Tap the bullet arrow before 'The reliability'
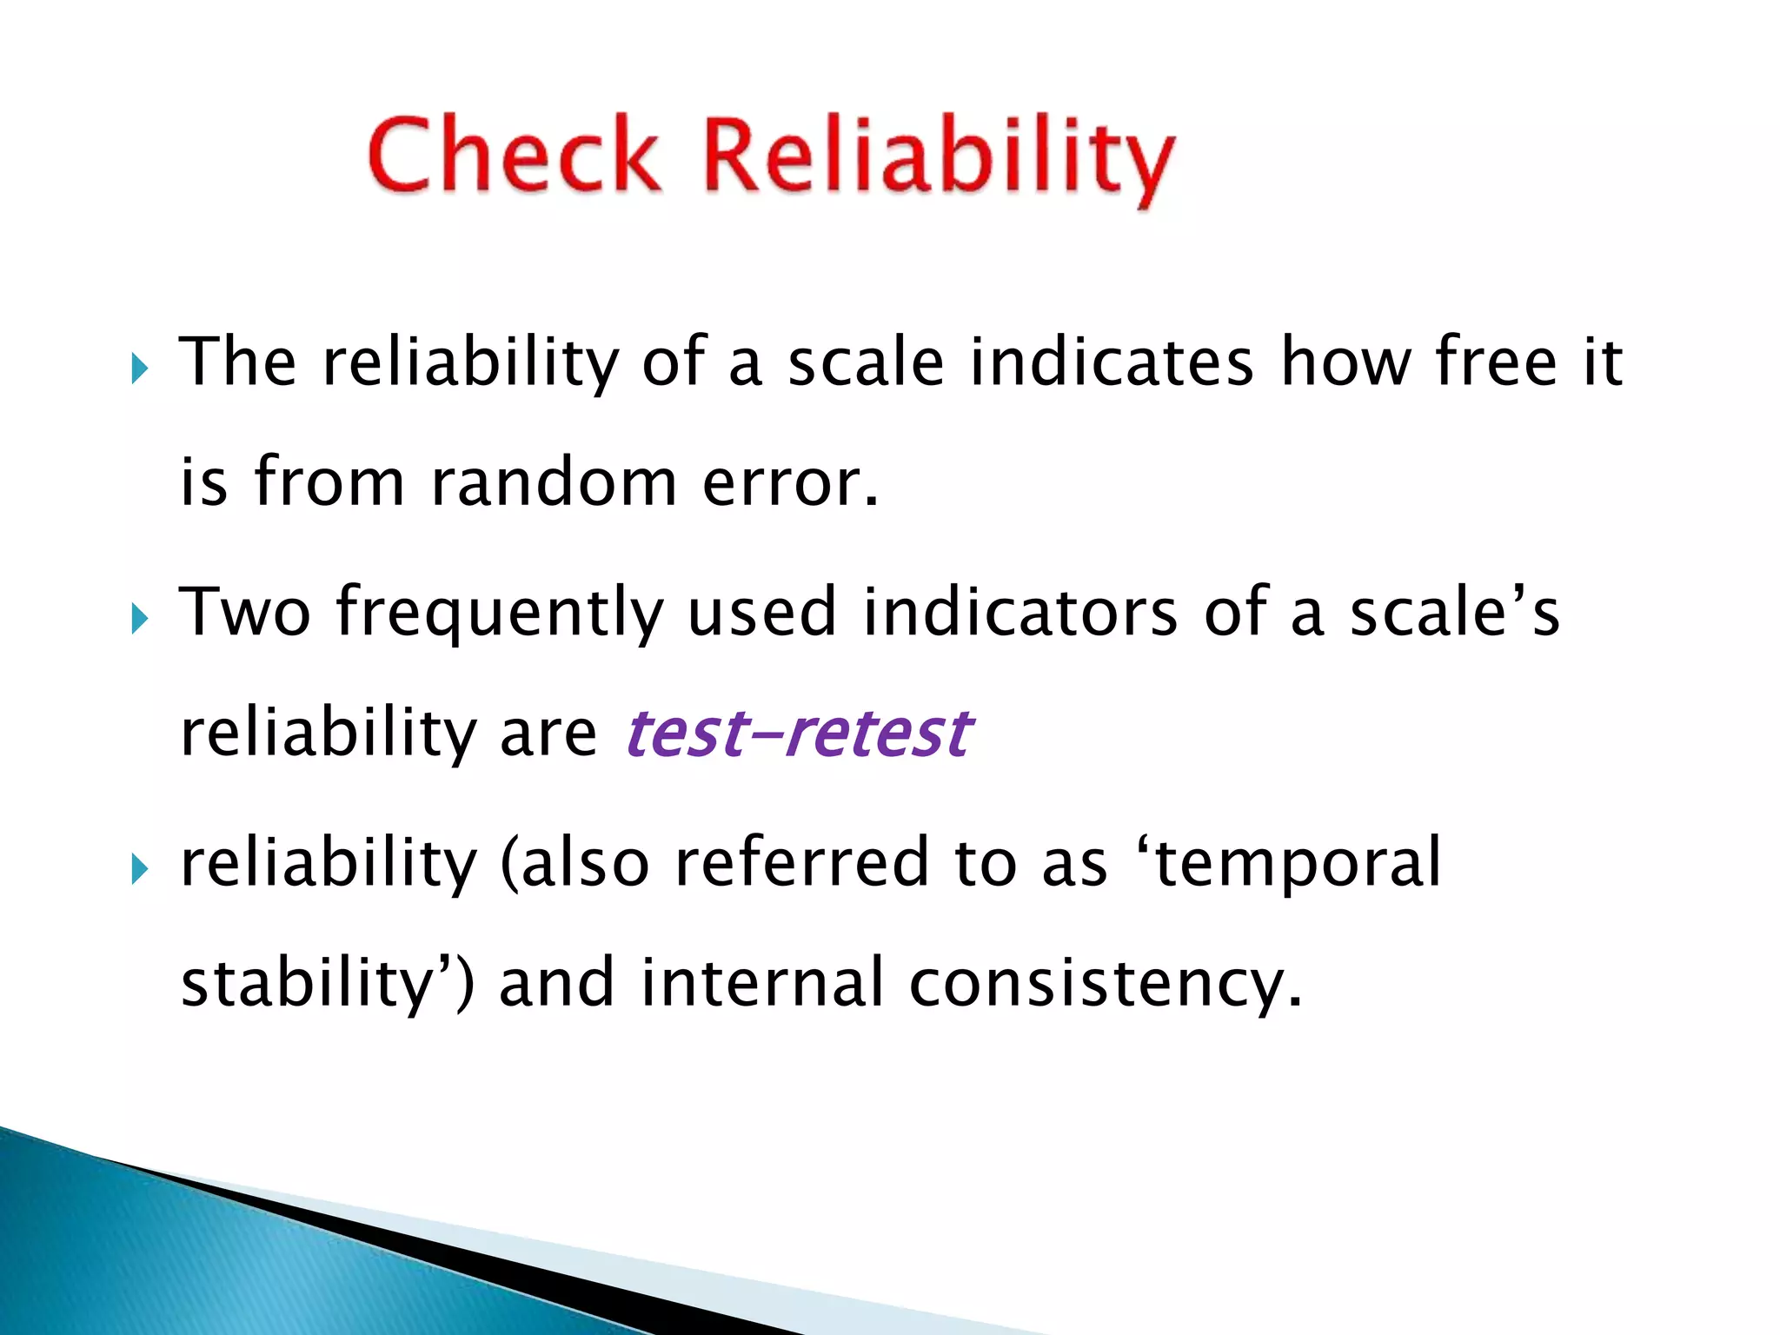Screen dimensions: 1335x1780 tap(140, 369)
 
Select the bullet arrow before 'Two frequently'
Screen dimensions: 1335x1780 tap(140, 619)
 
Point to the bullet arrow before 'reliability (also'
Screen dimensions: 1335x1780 tap(140, 868)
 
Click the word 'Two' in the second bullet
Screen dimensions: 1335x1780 tap(244, 612)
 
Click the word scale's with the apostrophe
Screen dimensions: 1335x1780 tap(1454, 612)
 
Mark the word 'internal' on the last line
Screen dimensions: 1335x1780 tap(762, 983)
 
